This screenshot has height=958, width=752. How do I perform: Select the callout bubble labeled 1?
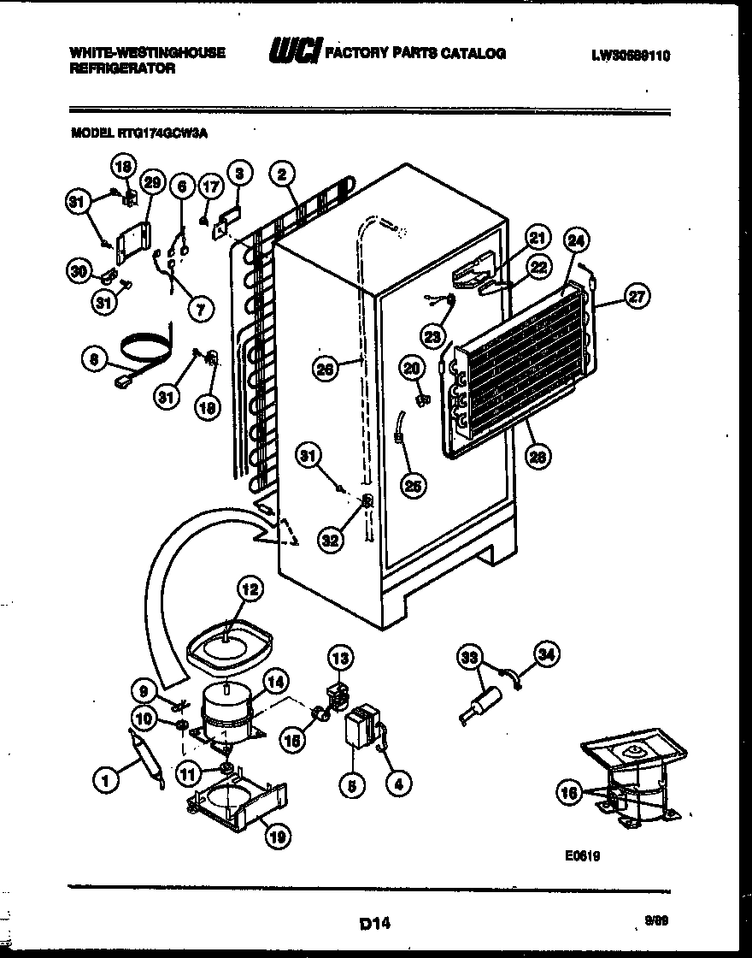(x=105, y=779)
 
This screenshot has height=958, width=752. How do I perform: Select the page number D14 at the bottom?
(x=375, y=923)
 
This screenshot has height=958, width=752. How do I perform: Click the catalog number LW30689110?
(x=630, y=56)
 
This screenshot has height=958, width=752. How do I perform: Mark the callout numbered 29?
(x=151, y=181)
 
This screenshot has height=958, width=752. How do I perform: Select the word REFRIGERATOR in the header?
(x=122, y=68)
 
